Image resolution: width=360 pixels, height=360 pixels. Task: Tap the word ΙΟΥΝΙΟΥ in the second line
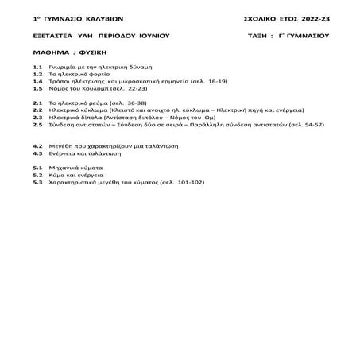coord(150,36)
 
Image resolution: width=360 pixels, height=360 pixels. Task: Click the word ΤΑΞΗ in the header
coord(261,36)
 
